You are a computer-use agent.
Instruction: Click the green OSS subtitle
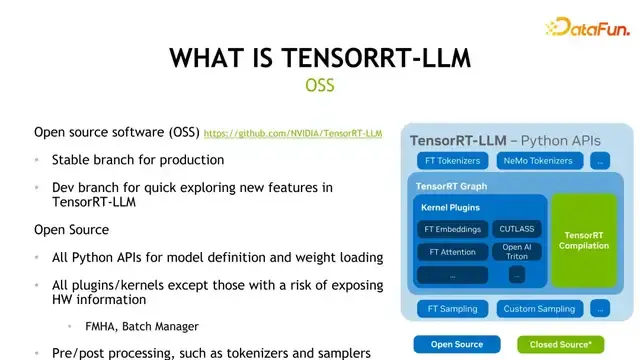click(x=320, y=85)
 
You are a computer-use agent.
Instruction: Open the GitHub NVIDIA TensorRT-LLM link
click(x=293, y=133)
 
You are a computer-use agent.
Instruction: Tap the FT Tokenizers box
click(x=448, y=161)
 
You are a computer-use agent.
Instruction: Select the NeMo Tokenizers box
click(x=538, y=161)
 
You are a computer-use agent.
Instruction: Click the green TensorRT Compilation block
click(x=583, y=240)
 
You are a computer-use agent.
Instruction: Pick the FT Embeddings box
click(x=452, y=229)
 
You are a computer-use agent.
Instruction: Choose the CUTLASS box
click(x=517, y=229)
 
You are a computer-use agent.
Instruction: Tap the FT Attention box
click(x=452, y=252)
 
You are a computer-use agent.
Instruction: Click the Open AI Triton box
click(x=517, y=251)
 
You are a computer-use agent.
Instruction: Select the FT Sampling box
click(x=452, y=309)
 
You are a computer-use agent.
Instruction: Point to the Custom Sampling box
click(x=539, y=309)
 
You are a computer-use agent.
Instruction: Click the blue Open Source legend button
click(x=456, y=344)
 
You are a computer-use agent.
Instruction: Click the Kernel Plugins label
click(x=451, y=208)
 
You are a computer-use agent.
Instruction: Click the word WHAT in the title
click(x=206, y=58)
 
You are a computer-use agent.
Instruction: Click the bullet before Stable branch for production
click(x=38, y=160)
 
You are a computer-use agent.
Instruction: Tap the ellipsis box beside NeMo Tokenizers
click(x=600, y=161)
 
